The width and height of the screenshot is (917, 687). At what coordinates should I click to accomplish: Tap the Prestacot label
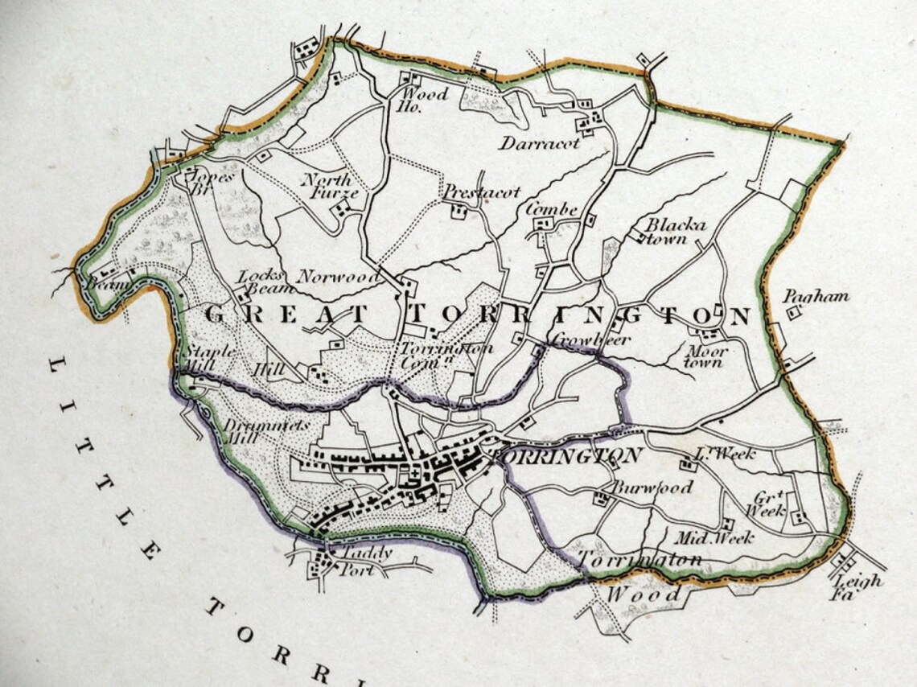(482, 192)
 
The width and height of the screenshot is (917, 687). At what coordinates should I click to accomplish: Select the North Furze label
(327, 186)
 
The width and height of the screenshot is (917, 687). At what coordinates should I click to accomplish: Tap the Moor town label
(705, 356)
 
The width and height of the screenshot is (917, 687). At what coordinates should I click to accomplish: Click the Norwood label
(338, 278)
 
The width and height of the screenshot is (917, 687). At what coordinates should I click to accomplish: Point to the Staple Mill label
(209, 358)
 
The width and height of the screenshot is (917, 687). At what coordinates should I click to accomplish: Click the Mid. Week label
(713, 537)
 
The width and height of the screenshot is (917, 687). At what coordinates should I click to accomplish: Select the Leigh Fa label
(856, 587)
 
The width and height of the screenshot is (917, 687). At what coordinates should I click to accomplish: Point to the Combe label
(552, 209)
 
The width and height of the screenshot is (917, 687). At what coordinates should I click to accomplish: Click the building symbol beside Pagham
(795, 312)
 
